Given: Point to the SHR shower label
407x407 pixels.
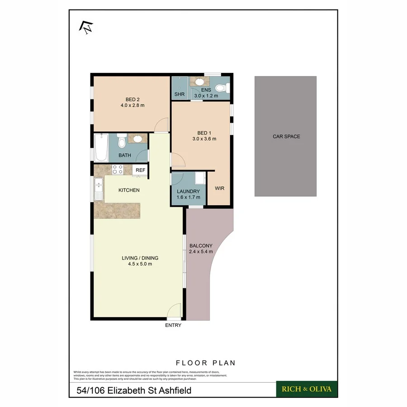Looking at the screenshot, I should (x=179, y=95).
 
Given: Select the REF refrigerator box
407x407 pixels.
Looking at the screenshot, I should (x=141, y=170).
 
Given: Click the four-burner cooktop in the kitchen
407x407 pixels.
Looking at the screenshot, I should (x=118, y=170).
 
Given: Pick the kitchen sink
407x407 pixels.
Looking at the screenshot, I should (x=99, y=189).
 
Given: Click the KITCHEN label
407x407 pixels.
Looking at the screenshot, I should (x=129, y=190).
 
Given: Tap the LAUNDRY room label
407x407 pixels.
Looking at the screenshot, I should (x=188, y=191).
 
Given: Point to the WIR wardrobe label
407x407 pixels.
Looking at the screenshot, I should (x=220, y=188).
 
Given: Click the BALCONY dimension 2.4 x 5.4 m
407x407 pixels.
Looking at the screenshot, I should (x=201, y=252).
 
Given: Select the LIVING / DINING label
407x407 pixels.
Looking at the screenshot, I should (x=140, y=258).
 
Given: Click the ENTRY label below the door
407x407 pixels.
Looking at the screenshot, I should (x=173, y=325).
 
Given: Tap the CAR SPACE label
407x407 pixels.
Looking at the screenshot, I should (x=286, y=136).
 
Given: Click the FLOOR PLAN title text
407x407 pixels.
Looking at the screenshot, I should (x=206, y=363).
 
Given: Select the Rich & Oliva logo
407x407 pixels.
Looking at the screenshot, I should (x=307, y=389).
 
